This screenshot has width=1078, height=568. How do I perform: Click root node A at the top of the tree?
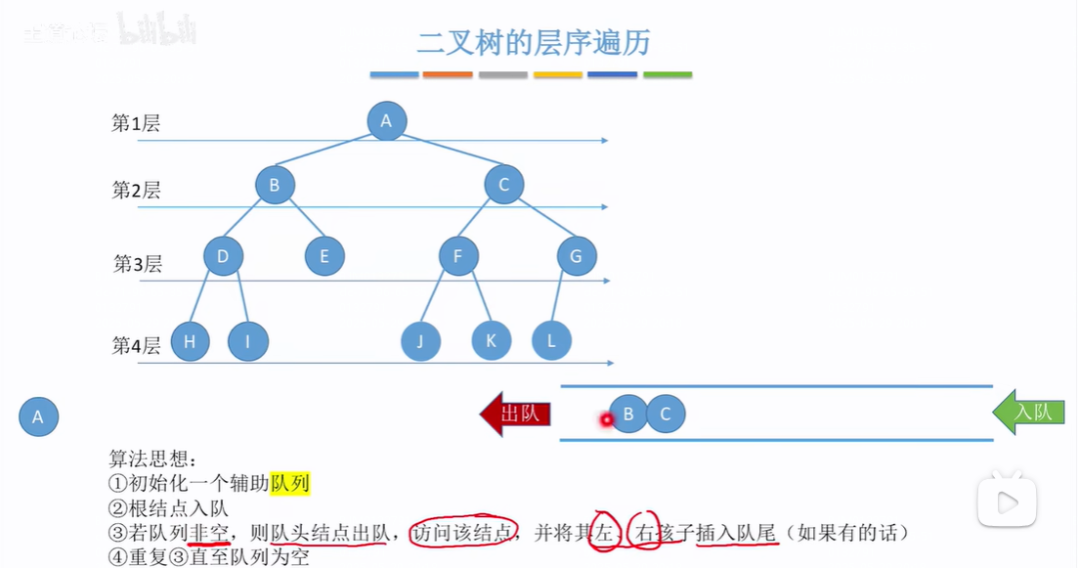(x=386, y=121)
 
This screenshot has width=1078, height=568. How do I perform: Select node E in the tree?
(x=323, y=257)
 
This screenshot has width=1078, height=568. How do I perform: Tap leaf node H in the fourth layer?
(x=190, y=341)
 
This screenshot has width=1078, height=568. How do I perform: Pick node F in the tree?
(x=457, y=257)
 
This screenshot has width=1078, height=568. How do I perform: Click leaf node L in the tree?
(x=551, y=341)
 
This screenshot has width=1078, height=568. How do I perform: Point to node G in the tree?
(x=577, y=257)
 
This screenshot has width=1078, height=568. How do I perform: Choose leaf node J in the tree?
(x=420, y=341)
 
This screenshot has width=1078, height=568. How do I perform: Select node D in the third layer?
(x=223, y=257)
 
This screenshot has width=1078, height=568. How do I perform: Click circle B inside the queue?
(x=628, y=415)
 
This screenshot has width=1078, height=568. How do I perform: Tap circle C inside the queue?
(x=666, y=415)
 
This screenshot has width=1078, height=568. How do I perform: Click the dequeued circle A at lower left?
(x=38, y=417)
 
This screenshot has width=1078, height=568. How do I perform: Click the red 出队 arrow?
(x=515, y=414)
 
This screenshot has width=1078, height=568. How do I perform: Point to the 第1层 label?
(x=136, y=123)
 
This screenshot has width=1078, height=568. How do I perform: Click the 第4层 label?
(x=136, y=345)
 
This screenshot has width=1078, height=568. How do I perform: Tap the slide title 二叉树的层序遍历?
(x=533, y=43)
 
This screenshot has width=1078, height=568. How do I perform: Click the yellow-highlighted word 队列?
(x=290, y=483)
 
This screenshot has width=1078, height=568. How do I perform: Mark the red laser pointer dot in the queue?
(x=606, y=420)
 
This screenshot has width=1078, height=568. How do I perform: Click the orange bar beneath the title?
(x=448, y=74)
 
